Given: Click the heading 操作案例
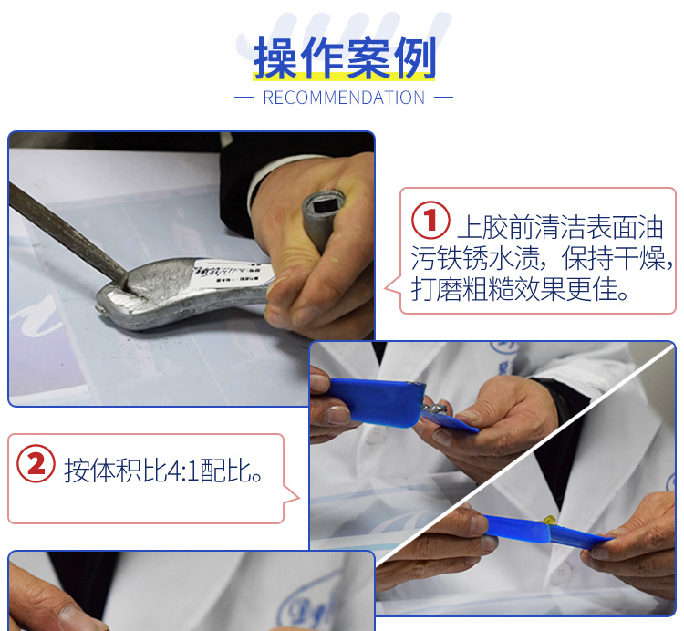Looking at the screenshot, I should tap(345, 58).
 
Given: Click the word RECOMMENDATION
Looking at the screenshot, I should tap(344, 98).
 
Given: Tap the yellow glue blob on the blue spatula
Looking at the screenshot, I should tap(549, 521).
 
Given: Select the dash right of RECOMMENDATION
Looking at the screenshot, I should tap(444, 98).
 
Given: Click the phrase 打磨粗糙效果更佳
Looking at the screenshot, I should tap(521, 290).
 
